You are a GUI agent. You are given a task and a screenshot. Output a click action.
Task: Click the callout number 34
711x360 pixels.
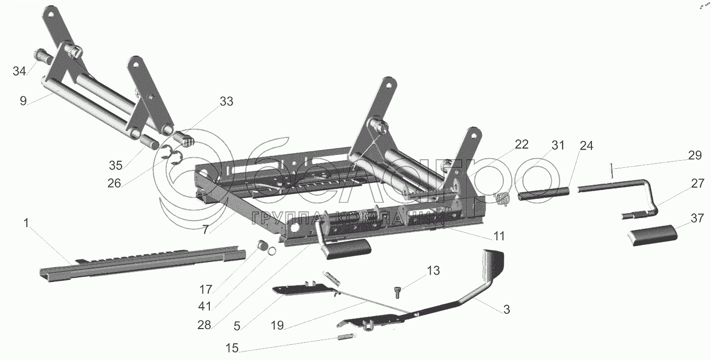pos(19,71)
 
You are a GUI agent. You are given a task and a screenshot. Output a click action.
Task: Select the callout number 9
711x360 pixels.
pos(23,100)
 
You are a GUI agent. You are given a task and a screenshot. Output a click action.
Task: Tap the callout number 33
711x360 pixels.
pos(226,101)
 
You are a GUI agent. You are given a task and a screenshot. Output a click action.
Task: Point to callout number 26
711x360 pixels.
pos(114,183)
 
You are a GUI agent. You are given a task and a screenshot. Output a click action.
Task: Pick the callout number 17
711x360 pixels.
pos(205,290)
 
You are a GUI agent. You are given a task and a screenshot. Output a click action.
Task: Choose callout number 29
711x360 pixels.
pos(695,155)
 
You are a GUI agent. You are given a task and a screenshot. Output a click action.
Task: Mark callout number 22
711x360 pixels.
pos(521,145)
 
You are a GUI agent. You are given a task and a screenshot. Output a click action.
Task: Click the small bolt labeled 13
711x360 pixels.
pos(397,292)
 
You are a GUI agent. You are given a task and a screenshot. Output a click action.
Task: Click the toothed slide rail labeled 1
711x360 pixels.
pos(137,262)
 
